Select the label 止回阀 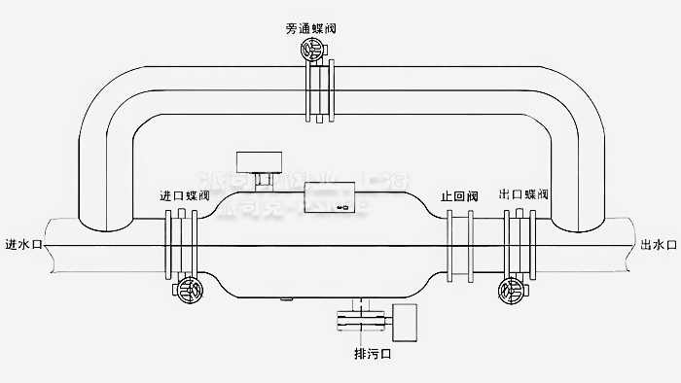[458, 195]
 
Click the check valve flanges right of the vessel [458, 243]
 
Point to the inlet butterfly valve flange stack [181, 243]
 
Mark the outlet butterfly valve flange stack [517, 243]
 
